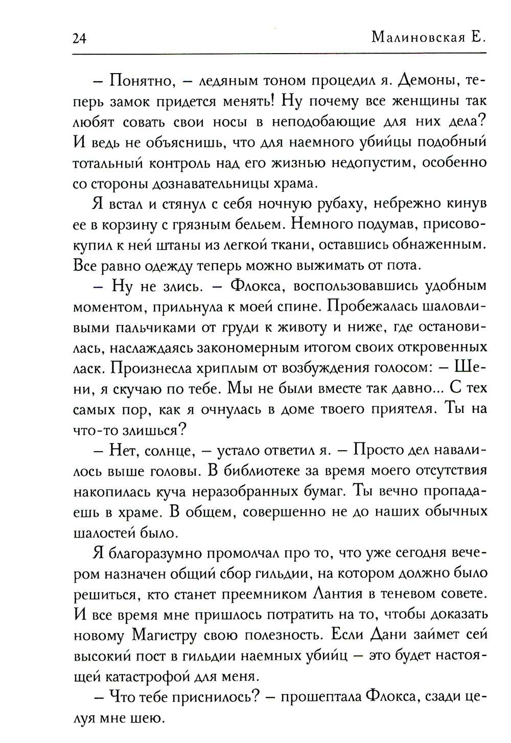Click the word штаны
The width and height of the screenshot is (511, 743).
(x=163, y=245)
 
